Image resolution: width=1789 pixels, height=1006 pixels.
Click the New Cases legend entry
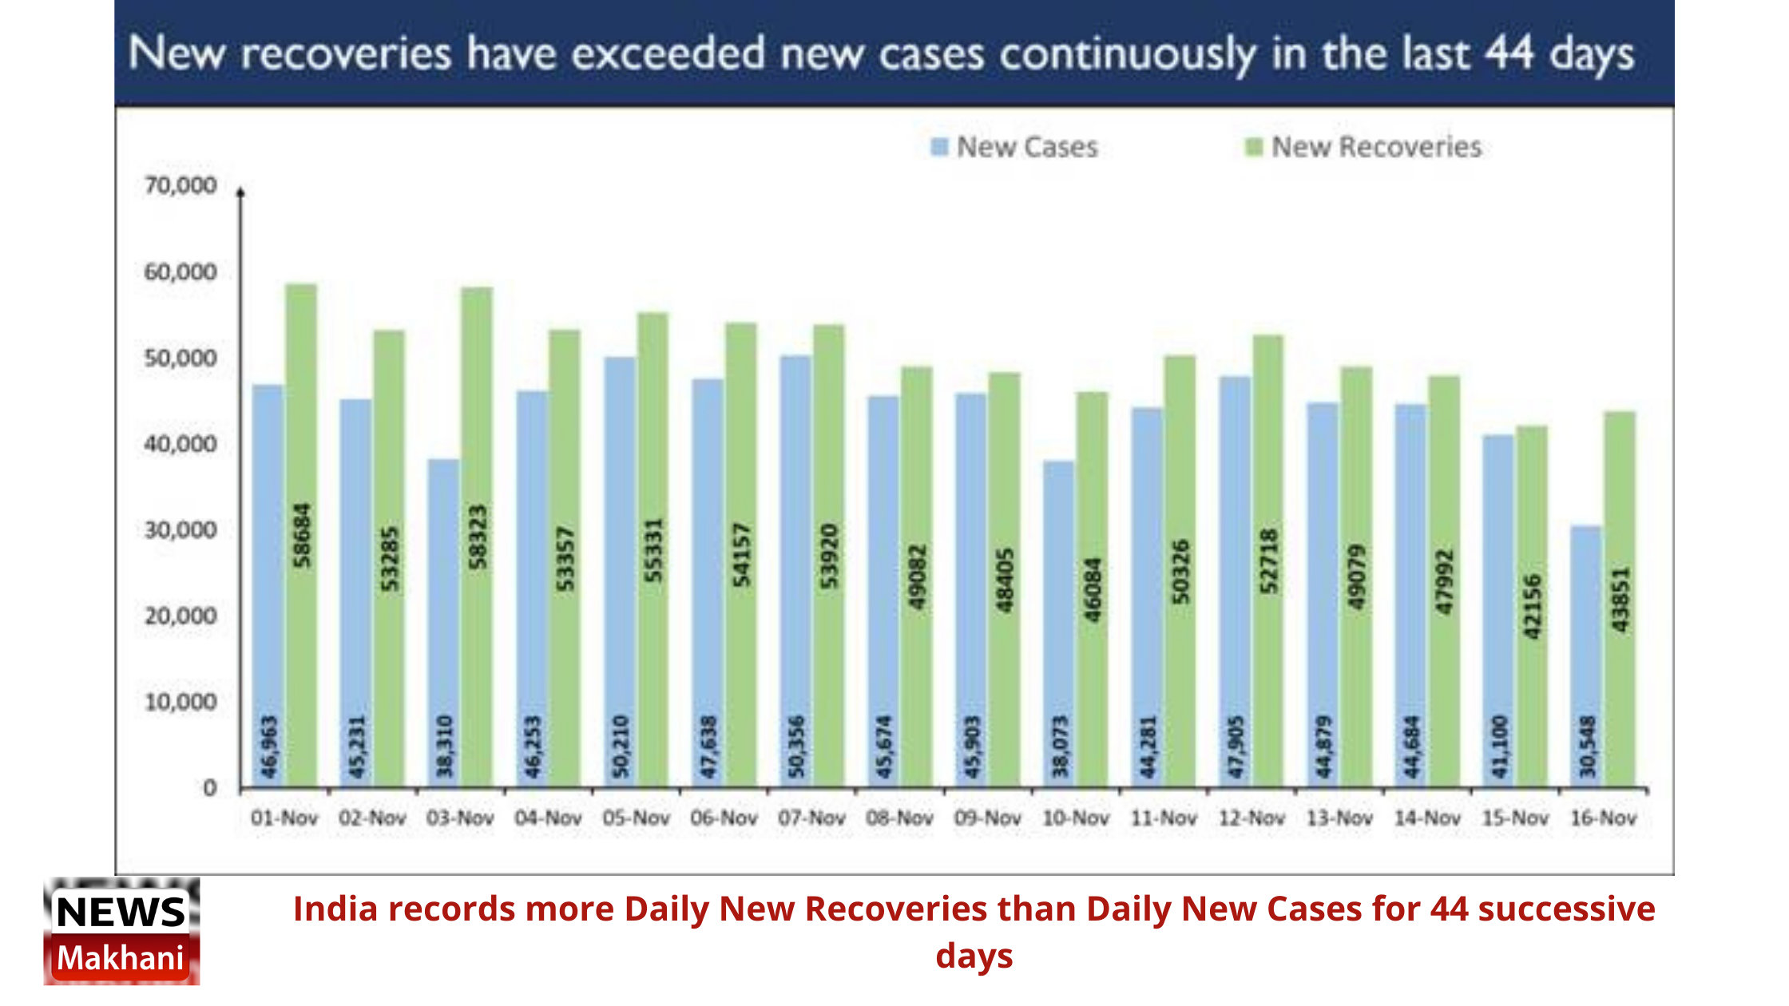pos(1015,148)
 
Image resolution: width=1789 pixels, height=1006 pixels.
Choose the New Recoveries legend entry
pos(1364,148)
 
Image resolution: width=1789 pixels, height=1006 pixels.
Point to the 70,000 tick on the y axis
pos(180,186)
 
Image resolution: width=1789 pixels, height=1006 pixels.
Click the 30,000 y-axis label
pos(180,530)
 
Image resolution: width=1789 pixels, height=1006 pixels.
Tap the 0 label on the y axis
pos(209,789)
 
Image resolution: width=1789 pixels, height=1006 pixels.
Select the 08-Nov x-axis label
pos(899,818)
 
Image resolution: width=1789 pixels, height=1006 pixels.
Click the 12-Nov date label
pos(1252,818)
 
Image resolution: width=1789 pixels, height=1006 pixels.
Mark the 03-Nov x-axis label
pos(460,818)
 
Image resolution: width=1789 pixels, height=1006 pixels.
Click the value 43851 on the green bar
pos(1620,599)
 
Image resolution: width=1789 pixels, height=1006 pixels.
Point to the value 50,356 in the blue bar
pos(796,747)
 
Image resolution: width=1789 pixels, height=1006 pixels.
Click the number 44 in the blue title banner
pos(1509,53)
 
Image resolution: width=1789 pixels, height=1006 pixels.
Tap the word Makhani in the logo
pos(121,958)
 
